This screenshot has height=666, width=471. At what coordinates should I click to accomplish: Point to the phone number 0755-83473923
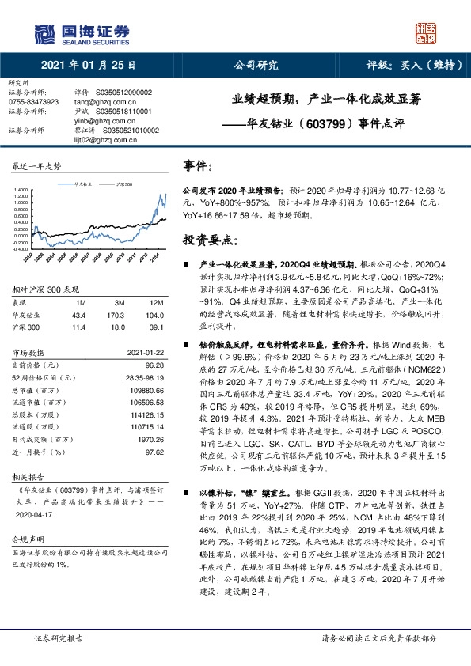pos(33,102)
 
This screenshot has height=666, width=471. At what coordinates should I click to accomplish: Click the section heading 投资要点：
pos(211,239)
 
